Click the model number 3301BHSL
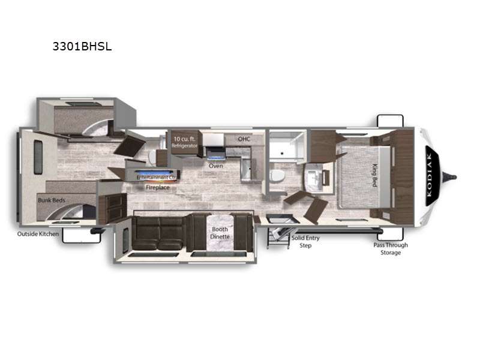pyautogui.click(x=82, y=47)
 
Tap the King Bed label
pyautogui.click(x=374, y=175)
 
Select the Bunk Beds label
pyautogui.click(x=52, y=200)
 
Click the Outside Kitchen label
pyautogui.click(x=38, y=234)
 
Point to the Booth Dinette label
pyautogui.click(x=220, y=233)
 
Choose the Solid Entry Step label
pyautogui.click(x=305, y=242)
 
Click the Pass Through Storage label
pyautogui.click(x=391, y=248)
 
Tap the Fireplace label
pyautogui.click(x=158, y=187)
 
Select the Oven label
pyautogui.click(x=216, y=166)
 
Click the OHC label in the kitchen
pyautogui.click(x=244, y=139)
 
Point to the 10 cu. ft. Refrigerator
pyautogui.click(x=184, y=142)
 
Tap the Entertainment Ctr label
pyautogui.click(x=157, y=178)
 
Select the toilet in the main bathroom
pyautogui.click(x=277, y=176)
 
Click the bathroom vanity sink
pyautogui.click(x=313, y=176)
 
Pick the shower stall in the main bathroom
pyautogui.click(x=286, y=146)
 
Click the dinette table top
pyautogui.click(x=220, y=233)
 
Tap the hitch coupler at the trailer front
pyautogui.click(x=449, y=176)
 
